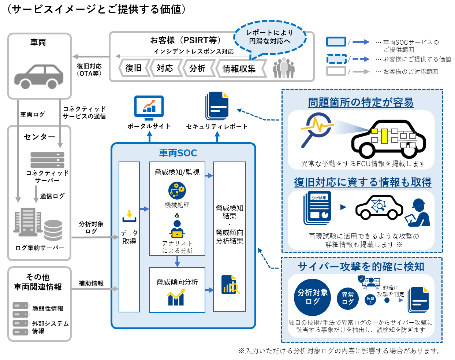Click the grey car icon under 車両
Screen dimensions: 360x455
pyautogui.click(x=39, y=77)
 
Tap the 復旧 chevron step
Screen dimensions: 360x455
pyautogui.click(x=134, y=68)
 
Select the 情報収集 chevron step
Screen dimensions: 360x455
pyautogui.click(x=239, y=68)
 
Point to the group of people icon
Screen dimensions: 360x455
pyautogui.click(x=284, y=68)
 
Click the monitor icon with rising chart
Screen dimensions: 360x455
pyautogui.click(x=149, y=107)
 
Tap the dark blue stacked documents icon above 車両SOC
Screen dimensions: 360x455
pyautogui.click(x=217, y=105)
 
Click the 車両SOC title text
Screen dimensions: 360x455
pyautogui.click(x=178, y=153)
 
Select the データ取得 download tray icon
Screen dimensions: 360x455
pyautogui.click(x=129, y=216)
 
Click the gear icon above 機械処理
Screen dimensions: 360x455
pyautogui.click(x=177, y=191)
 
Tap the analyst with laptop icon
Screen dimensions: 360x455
pyautogui.click(x=177, y=229)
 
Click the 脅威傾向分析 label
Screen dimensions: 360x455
pyautogui.click(x=177, y=282)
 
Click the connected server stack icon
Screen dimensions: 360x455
pyautogui.click(x=47, y=160)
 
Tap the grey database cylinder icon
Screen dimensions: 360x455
pyautogui.click(x=53, y=230)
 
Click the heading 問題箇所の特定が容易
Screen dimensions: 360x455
pyautogui.click(x=361, y=102)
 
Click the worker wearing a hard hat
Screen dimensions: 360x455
pyautogui.click(x=419, y=213)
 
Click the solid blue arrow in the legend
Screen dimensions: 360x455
pyautogui.click(x=361, y=42)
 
